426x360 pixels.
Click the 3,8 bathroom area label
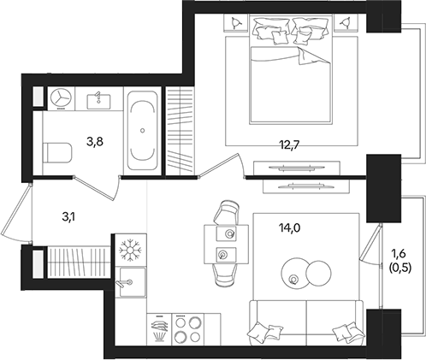(95, 141)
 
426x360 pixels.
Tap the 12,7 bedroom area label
(289, 145)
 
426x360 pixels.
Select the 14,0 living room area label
(289, 228)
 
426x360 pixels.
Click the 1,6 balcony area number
(399, 253)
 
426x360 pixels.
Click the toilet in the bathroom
(57, 153)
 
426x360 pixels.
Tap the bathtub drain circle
(143, 131)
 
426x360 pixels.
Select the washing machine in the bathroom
(61, 98)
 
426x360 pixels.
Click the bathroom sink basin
(98, 102)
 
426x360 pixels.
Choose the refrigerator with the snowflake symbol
(131, 251)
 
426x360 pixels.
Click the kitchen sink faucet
(123, 283)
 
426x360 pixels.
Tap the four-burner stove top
(188, 329)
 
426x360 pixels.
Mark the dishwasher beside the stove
(159, 329)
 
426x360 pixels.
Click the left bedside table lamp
(235, 22)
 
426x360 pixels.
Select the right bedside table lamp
(346, 22)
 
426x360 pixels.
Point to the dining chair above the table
(227, 212)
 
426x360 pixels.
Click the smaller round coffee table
(318, 273)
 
